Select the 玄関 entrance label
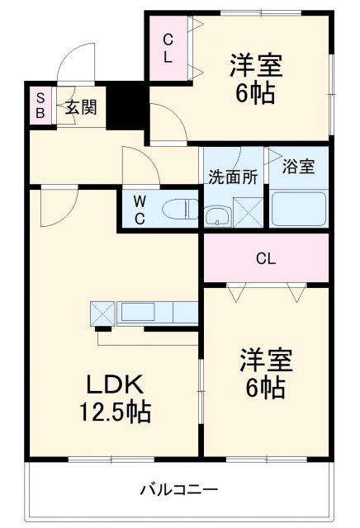[81, 106]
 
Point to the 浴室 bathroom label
[298, 167]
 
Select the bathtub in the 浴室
[298, 210]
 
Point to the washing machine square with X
[248, 211]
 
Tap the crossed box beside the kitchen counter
[103, 313]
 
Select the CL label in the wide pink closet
[265, 259]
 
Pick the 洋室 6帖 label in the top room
[255, 76]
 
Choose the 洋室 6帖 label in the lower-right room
[265, 373]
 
